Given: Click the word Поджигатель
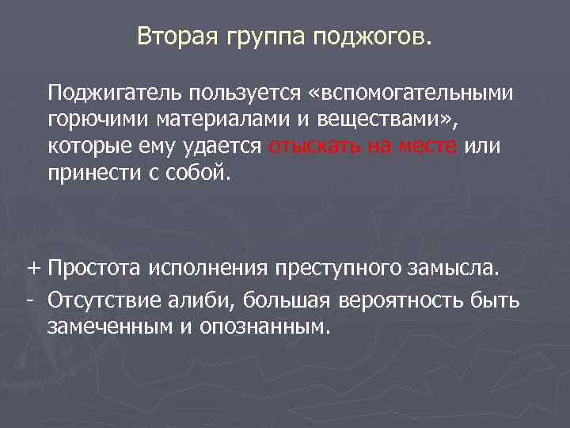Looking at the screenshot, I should pyautogui.click(x=115, y=94).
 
